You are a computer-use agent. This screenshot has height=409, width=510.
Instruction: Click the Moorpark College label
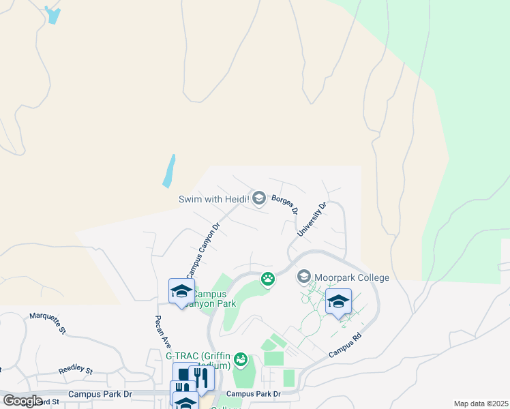click(x=352, y=277)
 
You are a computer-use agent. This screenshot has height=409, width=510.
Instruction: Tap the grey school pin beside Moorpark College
click(x=303, y=277)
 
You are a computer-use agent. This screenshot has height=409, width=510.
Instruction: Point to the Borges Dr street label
click(x=285, y=204)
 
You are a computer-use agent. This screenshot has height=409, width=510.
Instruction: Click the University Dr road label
click(x=312, y=219)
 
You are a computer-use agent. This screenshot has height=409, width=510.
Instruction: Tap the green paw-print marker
click(x=268, y=278)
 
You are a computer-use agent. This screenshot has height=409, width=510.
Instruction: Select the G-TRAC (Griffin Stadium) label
click(x=198, y=361)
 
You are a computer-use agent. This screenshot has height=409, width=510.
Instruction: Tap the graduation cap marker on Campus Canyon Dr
click(x=181, y=292)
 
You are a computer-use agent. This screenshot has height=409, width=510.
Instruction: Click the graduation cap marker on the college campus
click(x=338, y=301)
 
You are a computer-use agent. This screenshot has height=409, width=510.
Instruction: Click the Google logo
click(x=22, y=401)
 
